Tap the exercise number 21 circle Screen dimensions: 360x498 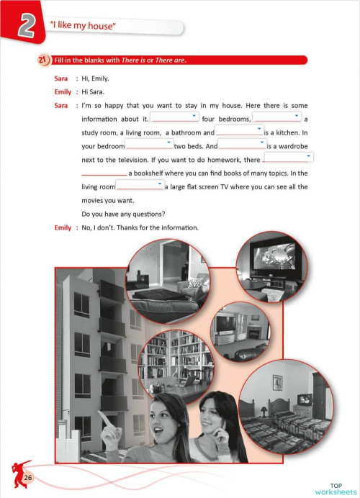tap(43, 59)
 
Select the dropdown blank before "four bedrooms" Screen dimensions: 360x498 tap(175, 117)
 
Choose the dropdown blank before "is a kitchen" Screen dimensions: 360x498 tap(239, 131)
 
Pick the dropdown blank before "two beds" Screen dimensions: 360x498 tap(148, 145)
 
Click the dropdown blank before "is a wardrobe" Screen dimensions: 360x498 tap(242, 145)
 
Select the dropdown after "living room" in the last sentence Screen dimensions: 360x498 tap(139, 186)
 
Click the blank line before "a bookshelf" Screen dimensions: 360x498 tap(104, 173)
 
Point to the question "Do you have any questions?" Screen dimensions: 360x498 tap(129, 214)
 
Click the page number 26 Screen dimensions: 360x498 tap(28, 479)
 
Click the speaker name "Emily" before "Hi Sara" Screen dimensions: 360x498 tap(63, 91)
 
